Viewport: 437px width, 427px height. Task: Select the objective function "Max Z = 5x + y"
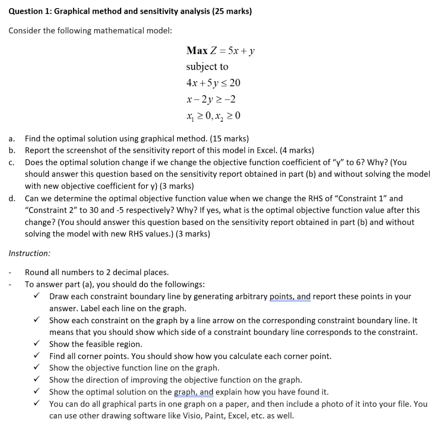221,51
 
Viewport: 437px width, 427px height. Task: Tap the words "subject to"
207,67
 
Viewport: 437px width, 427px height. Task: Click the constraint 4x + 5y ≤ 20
213,83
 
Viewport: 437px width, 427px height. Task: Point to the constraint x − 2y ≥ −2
211,99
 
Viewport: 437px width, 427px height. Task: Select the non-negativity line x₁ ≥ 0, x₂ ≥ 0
214,115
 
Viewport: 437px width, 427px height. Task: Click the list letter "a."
12,138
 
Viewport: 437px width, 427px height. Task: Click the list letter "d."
12,198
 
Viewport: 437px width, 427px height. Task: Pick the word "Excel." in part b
269,150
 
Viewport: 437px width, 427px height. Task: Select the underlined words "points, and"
290,296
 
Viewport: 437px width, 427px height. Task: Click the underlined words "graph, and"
194,392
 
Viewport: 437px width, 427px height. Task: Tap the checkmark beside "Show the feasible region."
37,344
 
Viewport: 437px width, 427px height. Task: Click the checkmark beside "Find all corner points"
37,356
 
